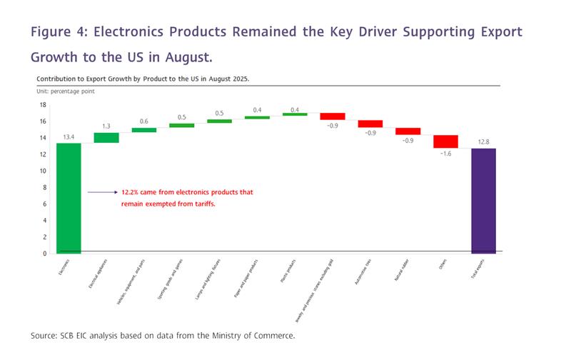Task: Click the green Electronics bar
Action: pos(69,198)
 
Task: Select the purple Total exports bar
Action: pos(483,201)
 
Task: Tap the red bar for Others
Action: pos(445,141)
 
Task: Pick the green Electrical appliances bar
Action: pos(106,138)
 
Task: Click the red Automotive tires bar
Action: pos(370,124)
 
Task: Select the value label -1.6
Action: pos(445,154)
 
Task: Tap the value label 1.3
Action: pos(106,127)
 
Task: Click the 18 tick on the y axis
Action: pos(43,104)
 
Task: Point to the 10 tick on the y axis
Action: pos(43,171)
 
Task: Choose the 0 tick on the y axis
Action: pos(44,254)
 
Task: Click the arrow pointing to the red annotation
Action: pos(102,192)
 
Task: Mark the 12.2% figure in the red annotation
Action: pos(131,192)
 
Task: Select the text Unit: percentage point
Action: pos(66,91)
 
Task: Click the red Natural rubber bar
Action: pos(408,131)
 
